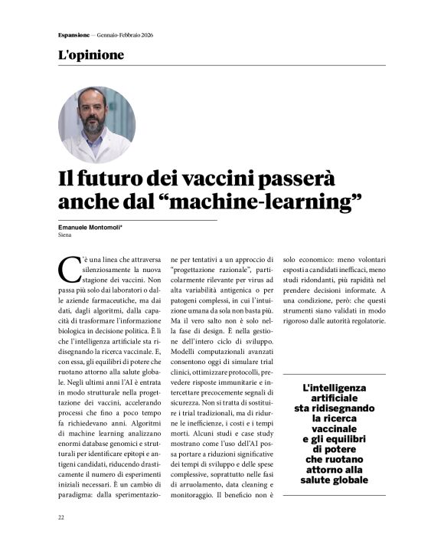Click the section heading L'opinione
90,55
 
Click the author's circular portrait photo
96,125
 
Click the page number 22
61,517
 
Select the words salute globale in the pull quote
335,480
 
